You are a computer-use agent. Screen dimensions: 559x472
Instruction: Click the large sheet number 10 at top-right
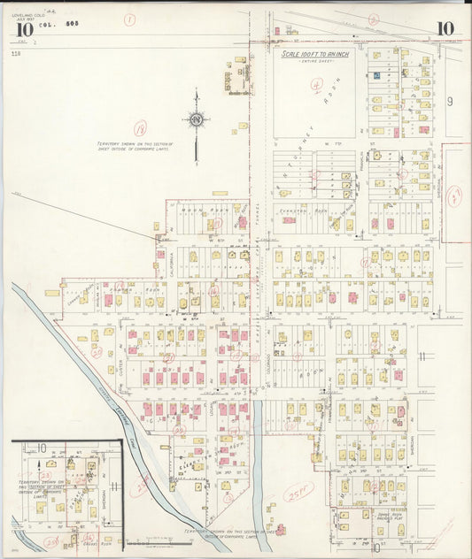[445, 29]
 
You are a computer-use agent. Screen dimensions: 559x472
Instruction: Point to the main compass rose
[196, 120]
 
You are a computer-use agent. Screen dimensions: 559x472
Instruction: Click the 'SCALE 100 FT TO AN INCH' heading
[314, 54]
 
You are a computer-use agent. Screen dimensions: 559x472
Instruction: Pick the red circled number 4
[316, 86]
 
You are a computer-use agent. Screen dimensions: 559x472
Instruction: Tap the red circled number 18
[139, 129]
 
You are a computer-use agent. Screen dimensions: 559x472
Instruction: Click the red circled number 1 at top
[129, 19]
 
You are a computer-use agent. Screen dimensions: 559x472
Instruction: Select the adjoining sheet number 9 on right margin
[450, 102]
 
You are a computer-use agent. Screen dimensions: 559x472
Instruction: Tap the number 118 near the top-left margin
[16, 54]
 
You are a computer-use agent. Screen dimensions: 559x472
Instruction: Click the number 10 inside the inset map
[41, 448]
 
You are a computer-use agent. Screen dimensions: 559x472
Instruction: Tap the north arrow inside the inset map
[40, 465]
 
